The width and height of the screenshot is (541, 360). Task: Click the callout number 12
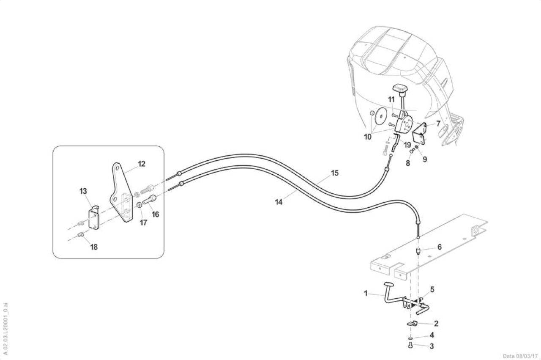tap(142, 164)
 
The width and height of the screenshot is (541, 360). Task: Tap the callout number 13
tap(83, 191)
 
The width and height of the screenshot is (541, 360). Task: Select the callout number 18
tap(94, 247)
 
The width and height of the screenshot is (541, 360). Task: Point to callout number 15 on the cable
tap(335, 173)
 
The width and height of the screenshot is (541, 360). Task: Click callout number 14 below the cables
tap(279, 202)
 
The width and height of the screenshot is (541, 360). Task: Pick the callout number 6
tap(439, 247)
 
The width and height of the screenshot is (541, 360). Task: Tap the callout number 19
tap(407, 145)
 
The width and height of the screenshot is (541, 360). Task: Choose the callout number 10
tap(368, 137)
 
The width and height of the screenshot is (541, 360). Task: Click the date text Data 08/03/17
tap(520, 356)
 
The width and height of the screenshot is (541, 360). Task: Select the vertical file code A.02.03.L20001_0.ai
tap(6, 329)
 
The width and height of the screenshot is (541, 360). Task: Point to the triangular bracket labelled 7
tap(419, 134)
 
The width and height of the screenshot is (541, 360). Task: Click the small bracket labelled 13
tap(93, 218)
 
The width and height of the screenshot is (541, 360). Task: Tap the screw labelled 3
tap(410, 346)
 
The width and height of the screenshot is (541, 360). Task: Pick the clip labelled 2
tap(412, 323)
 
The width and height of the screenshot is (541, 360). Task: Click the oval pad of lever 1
tap(388, 284)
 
